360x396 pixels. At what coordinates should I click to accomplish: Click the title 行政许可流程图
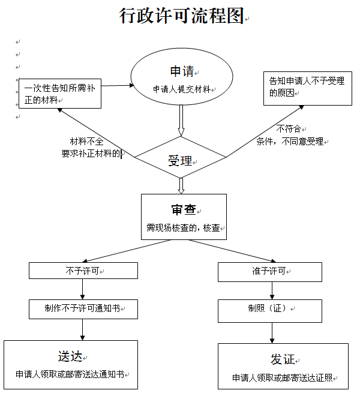click(x=181, y=16)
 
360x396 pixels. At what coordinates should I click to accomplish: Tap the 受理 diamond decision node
click(x=179, y=160)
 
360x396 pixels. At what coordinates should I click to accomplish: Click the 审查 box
click(x=184, y=217)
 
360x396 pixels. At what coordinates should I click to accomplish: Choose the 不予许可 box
click(x=83, y=271)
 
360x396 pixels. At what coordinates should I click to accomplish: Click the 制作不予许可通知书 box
click(x=83, y=309)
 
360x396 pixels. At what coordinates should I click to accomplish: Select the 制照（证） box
click(x=269, y=310)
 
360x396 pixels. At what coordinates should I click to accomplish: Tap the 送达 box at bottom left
click(x=71, y=364)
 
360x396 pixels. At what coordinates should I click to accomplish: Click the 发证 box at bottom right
click(x=283, y=366)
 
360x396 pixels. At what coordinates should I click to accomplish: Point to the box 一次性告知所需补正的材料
click(x=59, y=94)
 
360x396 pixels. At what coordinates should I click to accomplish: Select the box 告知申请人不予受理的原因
click(x=307, y=88)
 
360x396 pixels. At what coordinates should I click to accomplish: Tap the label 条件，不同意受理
click(x=290, y=142)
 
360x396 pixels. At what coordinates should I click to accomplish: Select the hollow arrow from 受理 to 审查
click(x=181, y=185)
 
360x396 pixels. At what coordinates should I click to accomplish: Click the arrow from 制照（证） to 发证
click(x=273, y=331)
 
